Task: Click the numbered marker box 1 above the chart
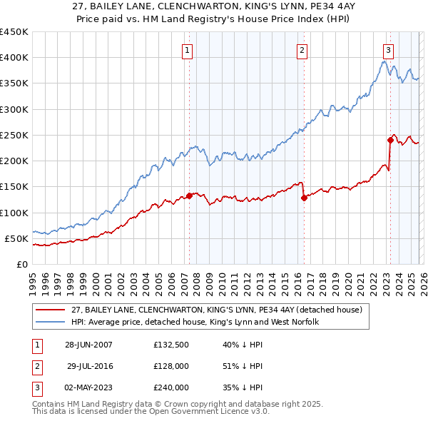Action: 187,50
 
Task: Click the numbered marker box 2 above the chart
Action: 302,50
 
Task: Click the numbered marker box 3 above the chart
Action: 388,50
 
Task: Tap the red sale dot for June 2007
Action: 190,195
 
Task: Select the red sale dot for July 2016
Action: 304,198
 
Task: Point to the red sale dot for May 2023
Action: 391,140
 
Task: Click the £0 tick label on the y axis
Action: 21,264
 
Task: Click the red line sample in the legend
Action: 51,310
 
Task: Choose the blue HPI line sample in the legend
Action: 51,322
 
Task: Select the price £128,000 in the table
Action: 170,366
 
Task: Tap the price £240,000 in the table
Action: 170,387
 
